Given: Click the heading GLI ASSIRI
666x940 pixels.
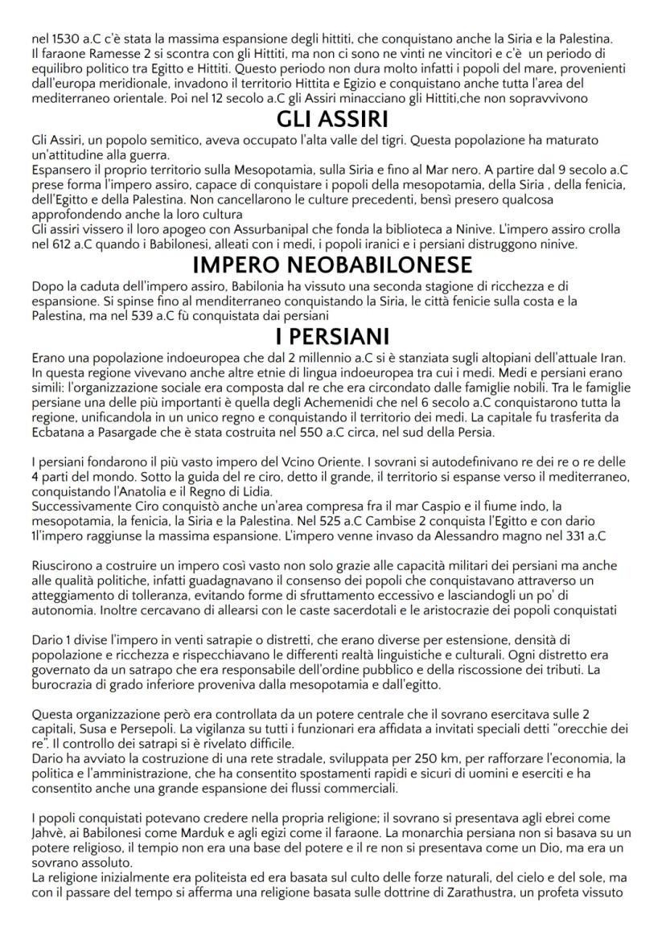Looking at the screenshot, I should [333, 121].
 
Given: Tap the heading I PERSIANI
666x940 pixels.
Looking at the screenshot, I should [333, 334].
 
